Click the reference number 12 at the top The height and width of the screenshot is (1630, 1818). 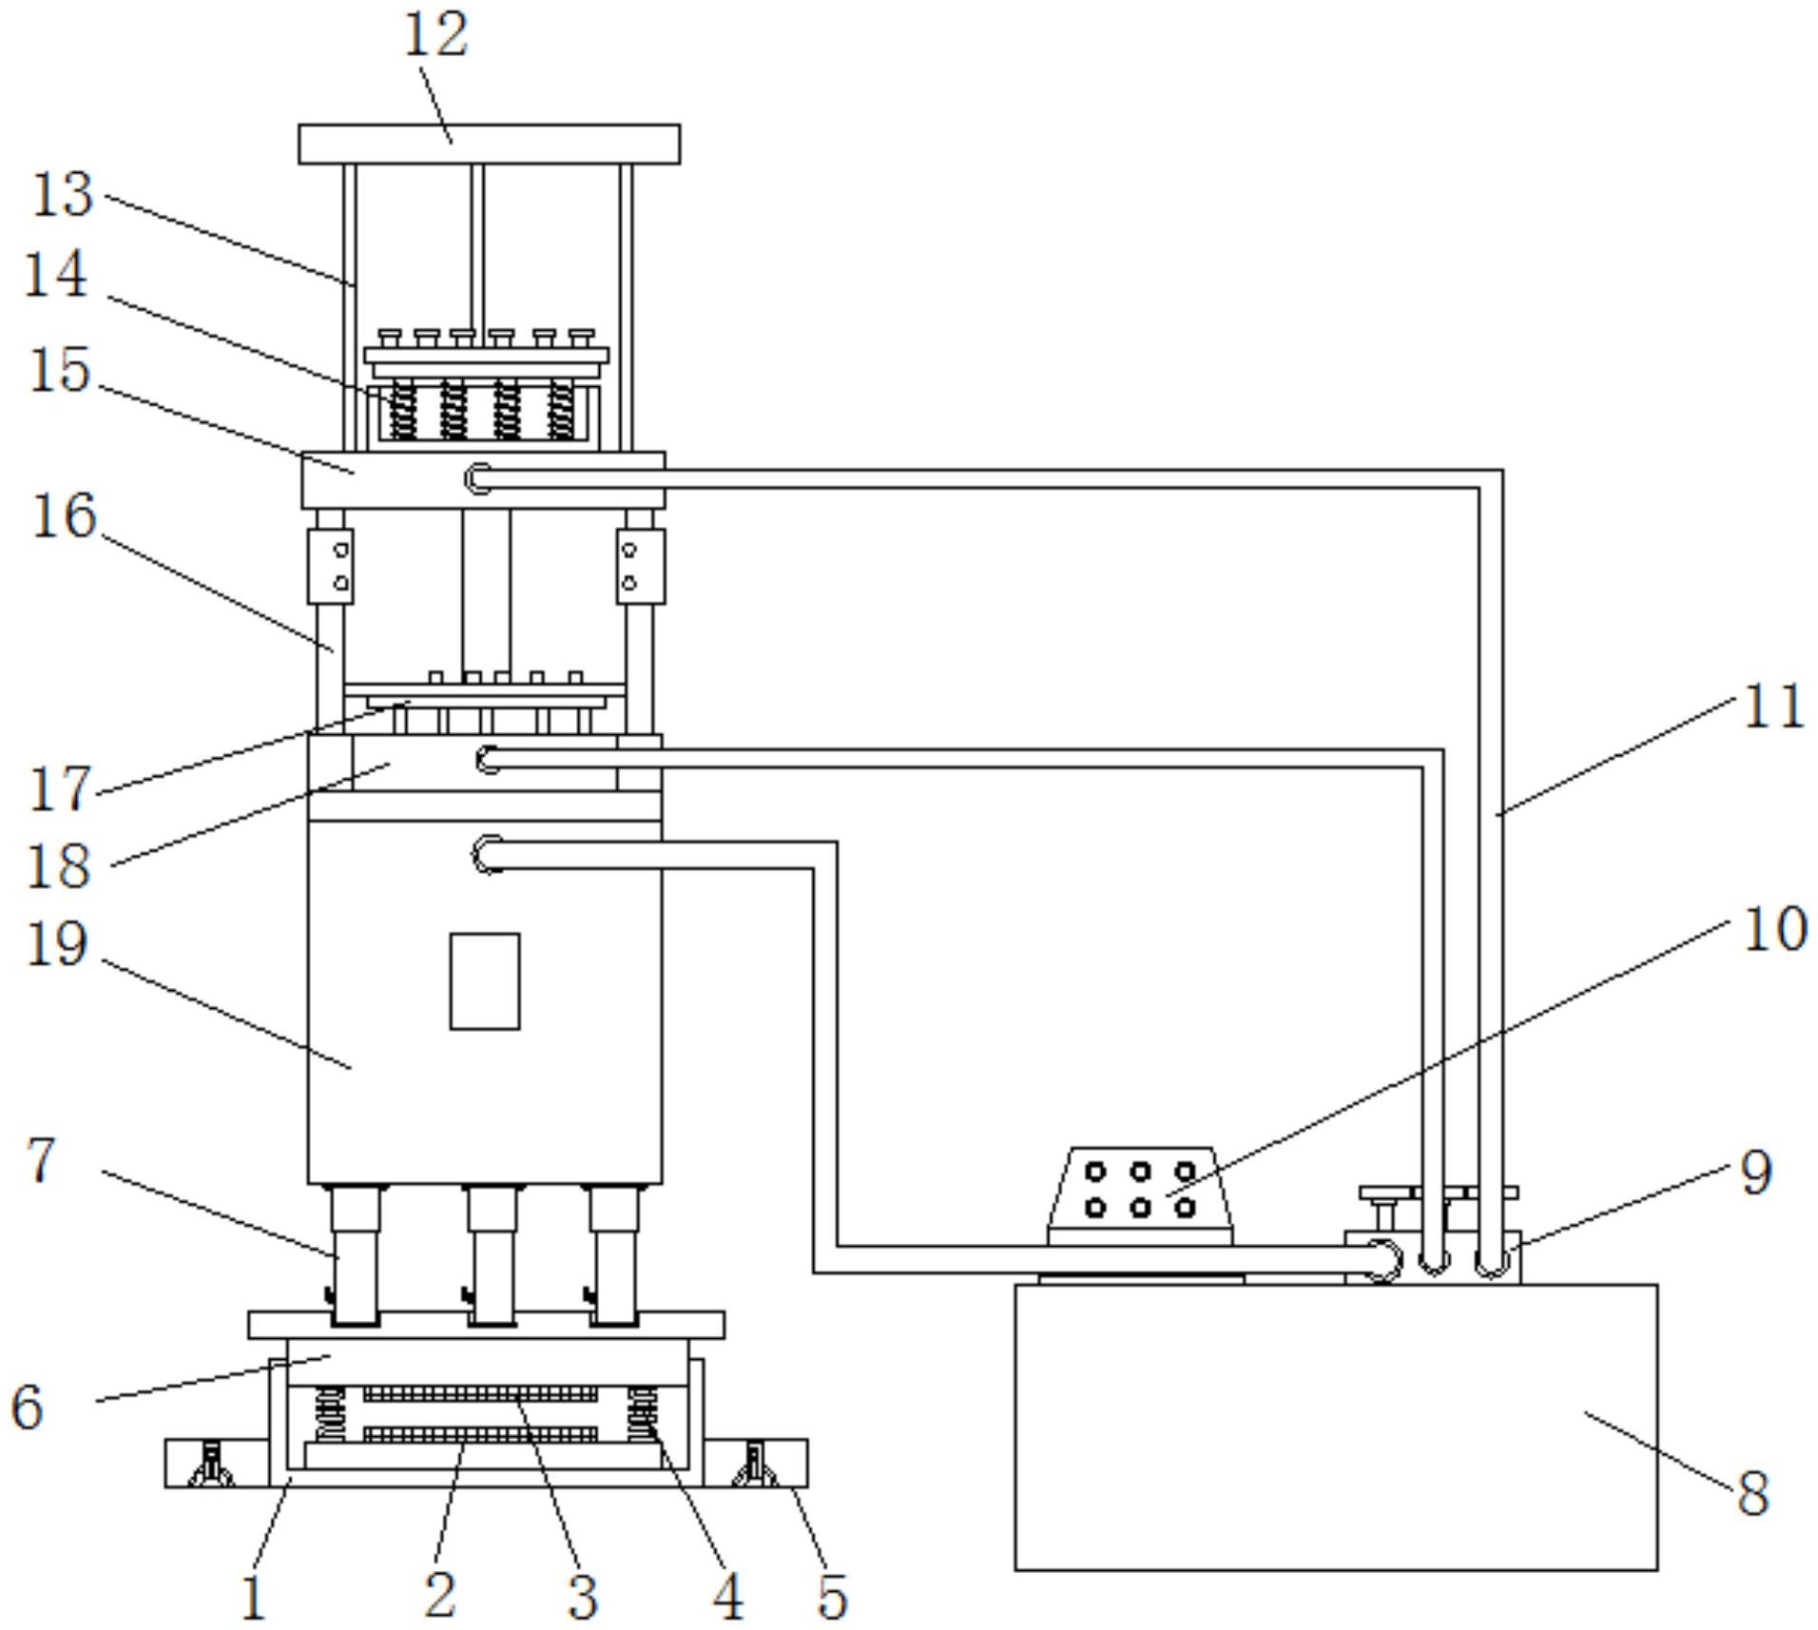click(x=436, y=35)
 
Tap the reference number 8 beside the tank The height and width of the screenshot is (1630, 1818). click(x=1753, y=1491)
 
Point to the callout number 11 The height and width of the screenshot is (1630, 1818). click(x=1773, y=707)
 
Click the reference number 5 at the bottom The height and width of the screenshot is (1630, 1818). click(x=832, y=1595)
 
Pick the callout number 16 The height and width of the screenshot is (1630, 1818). click(x=65, y=515)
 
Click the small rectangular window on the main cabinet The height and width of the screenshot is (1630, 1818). click(x=485, y=980)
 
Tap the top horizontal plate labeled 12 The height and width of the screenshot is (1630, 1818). click(x=489, y=144)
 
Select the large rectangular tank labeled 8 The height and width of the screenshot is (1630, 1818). click(x=1336, y=1426)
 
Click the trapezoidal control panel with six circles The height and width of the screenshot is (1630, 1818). click(x=1140, y=1195)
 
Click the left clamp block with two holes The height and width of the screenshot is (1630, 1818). click(x=330, y=567)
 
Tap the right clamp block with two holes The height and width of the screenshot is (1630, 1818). click(x=640, y=567)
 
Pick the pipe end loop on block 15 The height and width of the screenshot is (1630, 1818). click(x=478, y=478)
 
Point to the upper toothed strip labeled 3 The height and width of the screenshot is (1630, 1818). click(x=480, y=1393)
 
